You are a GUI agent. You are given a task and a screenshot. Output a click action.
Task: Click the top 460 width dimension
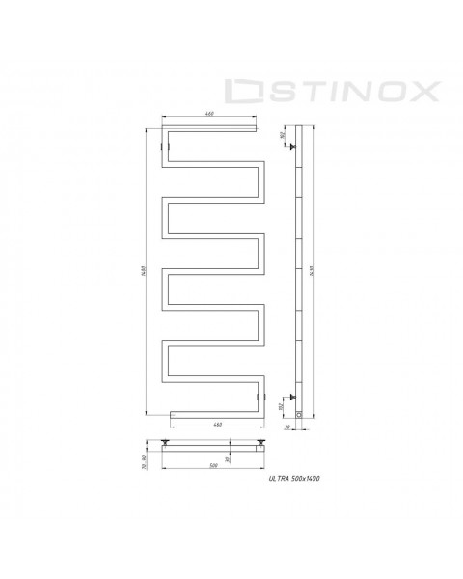tap(210, 116)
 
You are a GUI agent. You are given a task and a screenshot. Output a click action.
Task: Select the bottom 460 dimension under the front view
tap(216, 426)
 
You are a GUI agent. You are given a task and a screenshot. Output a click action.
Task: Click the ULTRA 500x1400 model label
tap(295, 479)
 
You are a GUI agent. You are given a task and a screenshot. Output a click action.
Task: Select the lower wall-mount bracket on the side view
tap(289, 395)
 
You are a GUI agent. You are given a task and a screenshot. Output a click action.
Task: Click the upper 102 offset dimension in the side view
tap(282, 136)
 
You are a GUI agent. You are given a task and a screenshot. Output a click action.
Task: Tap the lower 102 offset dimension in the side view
tap(282, 406)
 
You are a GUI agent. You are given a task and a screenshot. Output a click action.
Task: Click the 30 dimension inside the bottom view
tap(228, 457)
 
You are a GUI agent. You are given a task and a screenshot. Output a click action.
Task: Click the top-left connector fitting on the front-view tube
tap(167, 148)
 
